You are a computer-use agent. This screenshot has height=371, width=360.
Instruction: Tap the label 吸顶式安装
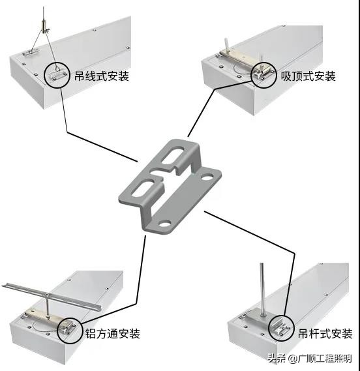pyautogui.click(x=308, y=76)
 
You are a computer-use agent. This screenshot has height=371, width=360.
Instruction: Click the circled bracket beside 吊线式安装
pyautogui.click(x=57, y=74)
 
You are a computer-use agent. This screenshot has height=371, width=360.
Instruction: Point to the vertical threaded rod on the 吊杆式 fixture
pyautogui.click(x=262, y=287)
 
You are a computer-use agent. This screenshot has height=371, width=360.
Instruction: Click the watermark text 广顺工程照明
pyautogui.click(x=325, y=359)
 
